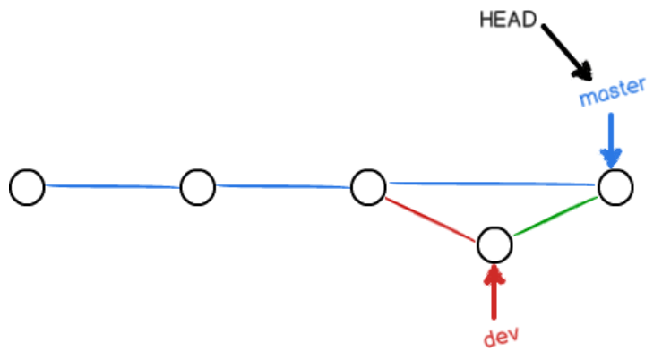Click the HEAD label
pos(508,19)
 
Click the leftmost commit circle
pos(28,187)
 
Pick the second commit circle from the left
pos(197,187)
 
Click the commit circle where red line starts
pos(367,187)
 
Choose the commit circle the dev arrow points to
pos(494,243)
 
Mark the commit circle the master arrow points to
pos(615,187)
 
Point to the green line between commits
pos(555,216)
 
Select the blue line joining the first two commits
pos(112,186)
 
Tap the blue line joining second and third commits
pos(282,186)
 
